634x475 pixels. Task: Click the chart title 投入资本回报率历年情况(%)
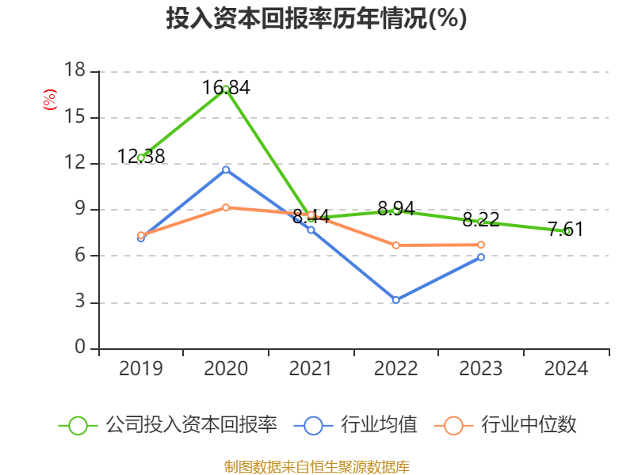point(316,19)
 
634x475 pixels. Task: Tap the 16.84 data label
point(226,88)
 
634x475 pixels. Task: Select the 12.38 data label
point(141,157)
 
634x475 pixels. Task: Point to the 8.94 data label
point(396,209)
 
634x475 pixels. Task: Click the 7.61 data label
point(566,230)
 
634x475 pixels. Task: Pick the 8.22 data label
point(481,219)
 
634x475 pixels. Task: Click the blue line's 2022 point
point(395,300)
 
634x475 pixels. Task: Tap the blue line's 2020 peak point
point(226,169)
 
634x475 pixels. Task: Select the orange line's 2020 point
point(226,207)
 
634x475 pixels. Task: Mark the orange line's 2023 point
point(481,245)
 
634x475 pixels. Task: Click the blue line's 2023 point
point(481,256)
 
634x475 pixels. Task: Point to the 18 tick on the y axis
point(74,71)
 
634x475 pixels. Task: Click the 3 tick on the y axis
point(80,302)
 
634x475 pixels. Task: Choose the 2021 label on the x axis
point(311,369)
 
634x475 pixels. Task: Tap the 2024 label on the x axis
point(566,369)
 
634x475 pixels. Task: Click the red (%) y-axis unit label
point(50,100)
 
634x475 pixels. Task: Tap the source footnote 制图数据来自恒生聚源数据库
point(316,466)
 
